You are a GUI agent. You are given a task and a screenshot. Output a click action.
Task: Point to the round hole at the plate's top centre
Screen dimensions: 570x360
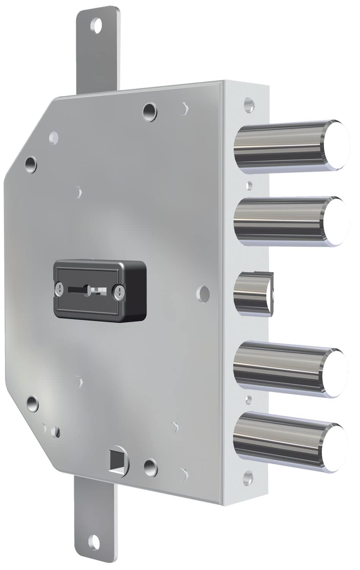pyautogui.click(x=149, y=110)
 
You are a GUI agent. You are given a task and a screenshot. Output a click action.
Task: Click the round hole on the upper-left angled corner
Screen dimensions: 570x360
pyautogui.click(x=31, y=164)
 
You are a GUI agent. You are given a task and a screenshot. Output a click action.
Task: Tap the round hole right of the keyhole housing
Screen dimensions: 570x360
pyautogui.click(x=205, y=292)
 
